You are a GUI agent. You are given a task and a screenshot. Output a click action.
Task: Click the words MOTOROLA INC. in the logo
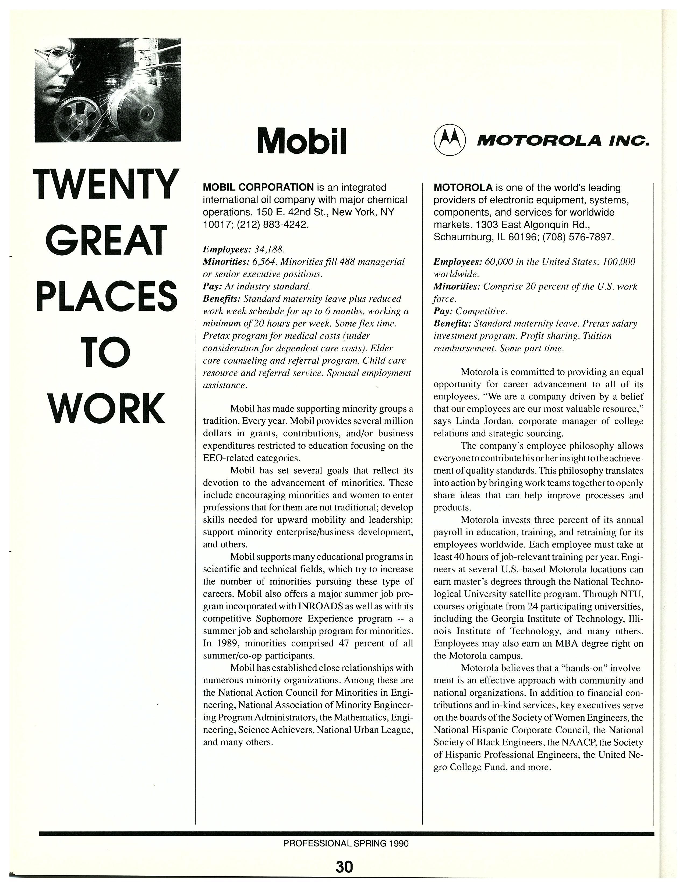coord(563,141)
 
